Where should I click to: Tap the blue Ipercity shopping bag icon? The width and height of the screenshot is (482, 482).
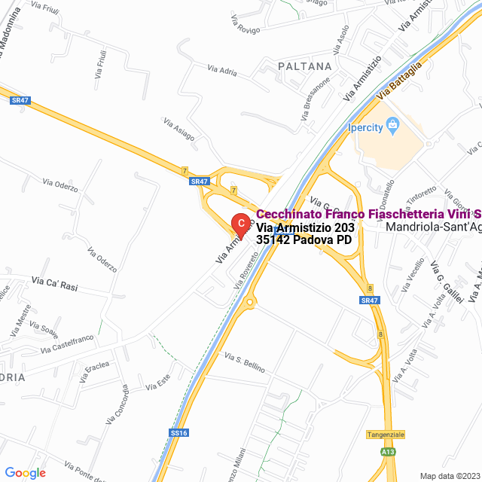(392, 127)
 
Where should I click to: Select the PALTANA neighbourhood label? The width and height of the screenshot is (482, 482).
(304, 66)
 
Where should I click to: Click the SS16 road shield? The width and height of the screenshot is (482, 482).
(179, 433)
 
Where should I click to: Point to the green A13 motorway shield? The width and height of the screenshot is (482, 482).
(387, 451)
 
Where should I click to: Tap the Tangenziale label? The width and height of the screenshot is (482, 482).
(386, 435)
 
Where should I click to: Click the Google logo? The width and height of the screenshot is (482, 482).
(25, 472)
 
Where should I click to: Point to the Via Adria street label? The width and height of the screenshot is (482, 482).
(222, 70)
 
